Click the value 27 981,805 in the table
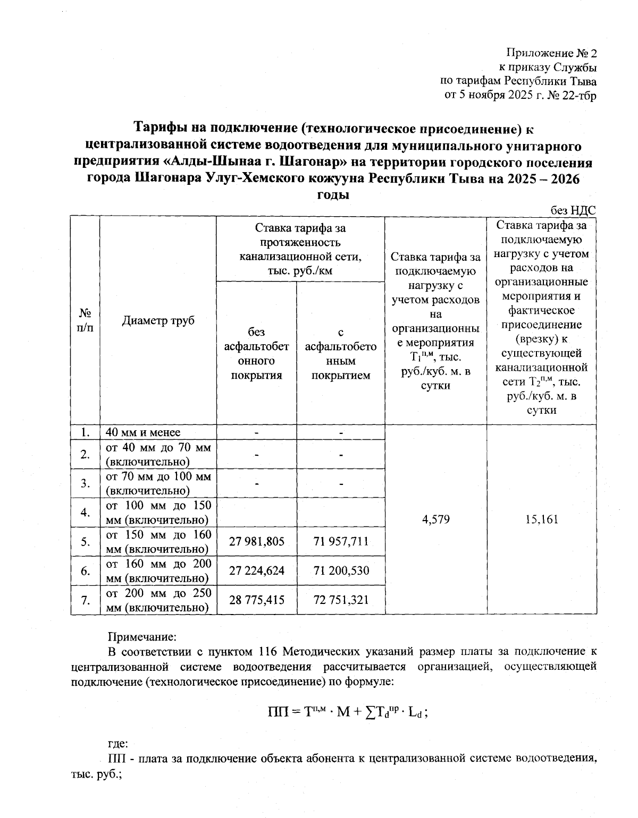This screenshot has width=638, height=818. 256,541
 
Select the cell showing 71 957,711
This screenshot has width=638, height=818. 341,541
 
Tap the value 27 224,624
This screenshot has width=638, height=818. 256,570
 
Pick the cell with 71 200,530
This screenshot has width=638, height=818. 341,570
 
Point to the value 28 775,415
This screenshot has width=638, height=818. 256,600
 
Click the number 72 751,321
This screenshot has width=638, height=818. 341,600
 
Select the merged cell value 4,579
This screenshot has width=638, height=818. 435,519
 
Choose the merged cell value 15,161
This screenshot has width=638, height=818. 541,519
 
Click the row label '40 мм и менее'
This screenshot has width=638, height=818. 143,432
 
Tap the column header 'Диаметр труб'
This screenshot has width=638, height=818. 158,320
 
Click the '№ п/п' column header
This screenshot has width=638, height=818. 85,320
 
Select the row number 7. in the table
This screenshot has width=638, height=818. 85,600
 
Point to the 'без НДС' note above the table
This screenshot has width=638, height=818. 573,210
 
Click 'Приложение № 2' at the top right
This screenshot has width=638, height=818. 551,53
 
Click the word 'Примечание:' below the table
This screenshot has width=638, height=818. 141,636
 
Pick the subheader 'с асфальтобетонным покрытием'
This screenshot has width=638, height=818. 341,354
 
